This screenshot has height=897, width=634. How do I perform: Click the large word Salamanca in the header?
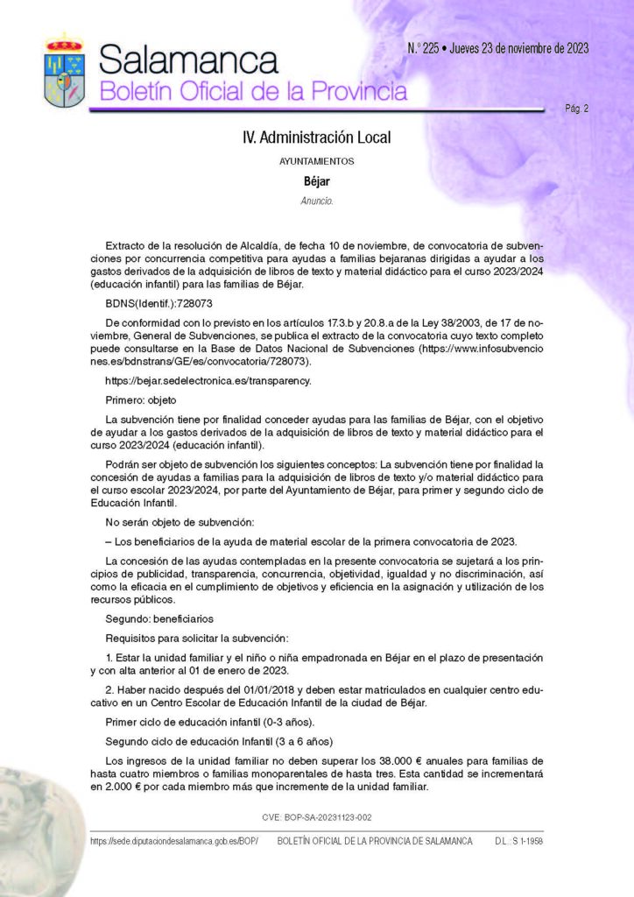(x=188, y=59)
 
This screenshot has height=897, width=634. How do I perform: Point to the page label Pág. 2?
(x=576, y=109)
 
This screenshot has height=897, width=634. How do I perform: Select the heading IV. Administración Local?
(x=316, y=138)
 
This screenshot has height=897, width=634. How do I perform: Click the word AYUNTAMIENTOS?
(x=316, y=162)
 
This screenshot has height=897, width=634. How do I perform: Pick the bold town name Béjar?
(x=316, y=181)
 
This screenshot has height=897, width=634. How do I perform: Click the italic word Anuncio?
(x=316, y=201)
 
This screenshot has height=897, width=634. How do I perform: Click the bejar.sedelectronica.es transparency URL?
(x=208, y=381)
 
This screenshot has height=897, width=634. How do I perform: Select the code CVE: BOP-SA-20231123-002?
(x=317, y=816)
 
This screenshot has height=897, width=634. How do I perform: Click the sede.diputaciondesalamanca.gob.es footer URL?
(x=174, y=841)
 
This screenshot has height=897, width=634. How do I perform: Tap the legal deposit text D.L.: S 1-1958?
(x=519, y=841)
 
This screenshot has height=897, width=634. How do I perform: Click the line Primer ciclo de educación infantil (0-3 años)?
(x=202, y=722)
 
